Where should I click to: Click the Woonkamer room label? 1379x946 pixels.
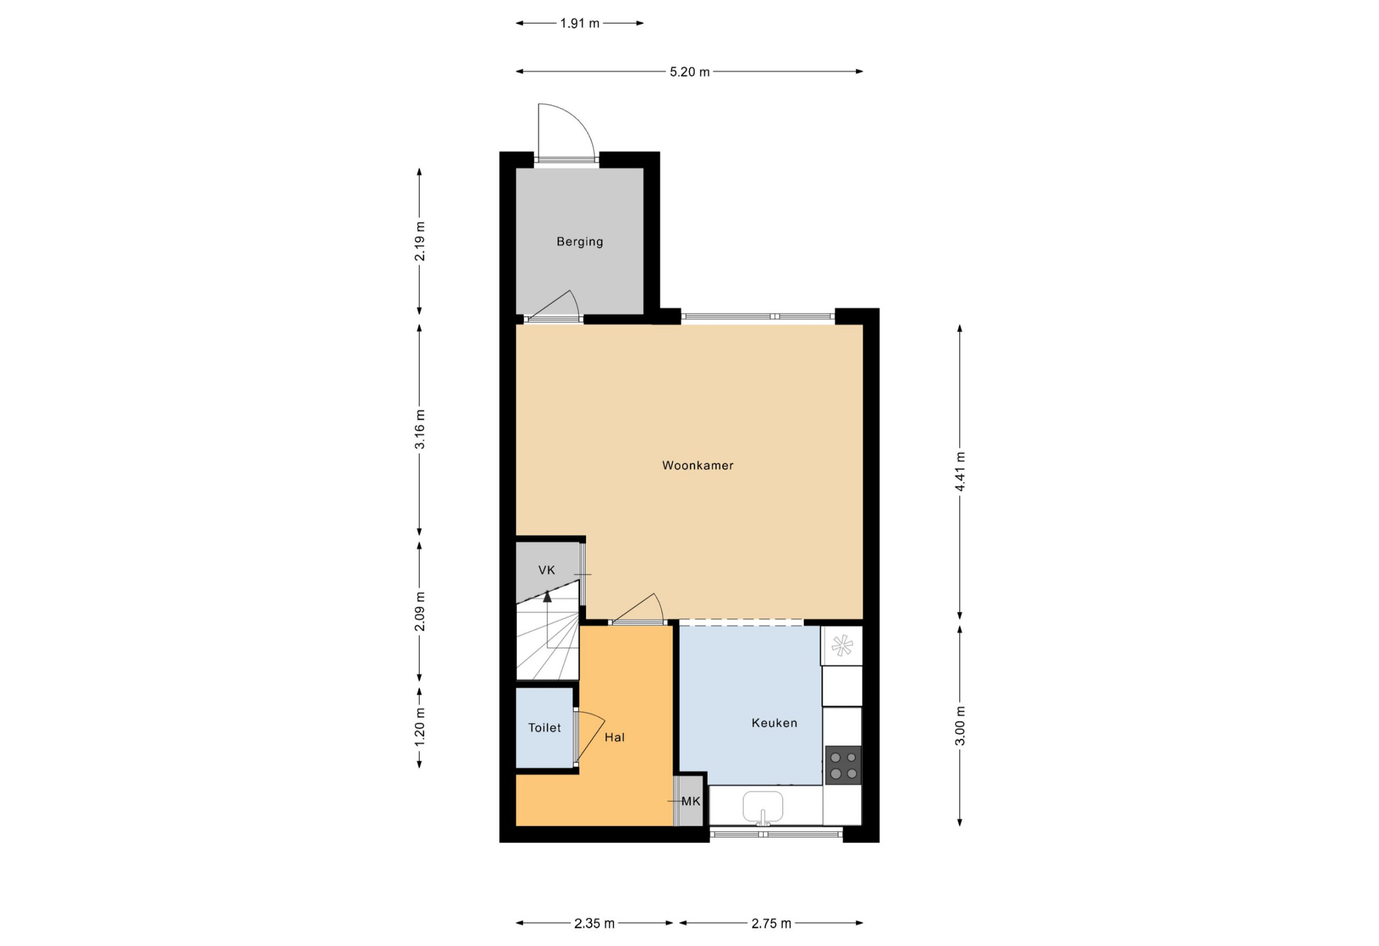pos(698,466)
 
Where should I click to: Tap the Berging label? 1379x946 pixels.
pos(580,241)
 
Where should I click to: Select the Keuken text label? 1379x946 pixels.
pos(775,723)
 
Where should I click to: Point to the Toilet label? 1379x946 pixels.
pos(545,728)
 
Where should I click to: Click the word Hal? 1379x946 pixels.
pos(615,737)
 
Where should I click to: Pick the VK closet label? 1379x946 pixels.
pos(547,570)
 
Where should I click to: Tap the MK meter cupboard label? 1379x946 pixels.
pos(691,801)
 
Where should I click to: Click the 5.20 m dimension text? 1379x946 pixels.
pos(689,72)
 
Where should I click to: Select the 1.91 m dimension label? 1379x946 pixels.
pos(580,23)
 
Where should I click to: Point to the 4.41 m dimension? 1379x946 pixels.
pos(960,471)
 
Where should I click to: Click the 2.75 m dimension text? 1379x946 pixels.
pos(771,923)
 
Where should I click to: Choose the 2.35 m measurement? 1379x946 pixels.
pos(595,923)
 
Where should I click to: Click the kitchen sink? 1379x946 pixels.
pos(763,807)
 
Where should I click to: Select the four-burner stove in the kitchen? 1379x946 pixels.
pos(843,765)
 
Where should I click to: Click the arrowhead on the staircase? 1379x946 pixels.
pos(547,597)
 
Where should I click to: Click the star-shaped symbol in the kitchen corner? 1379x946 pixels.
pos(842,646)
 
